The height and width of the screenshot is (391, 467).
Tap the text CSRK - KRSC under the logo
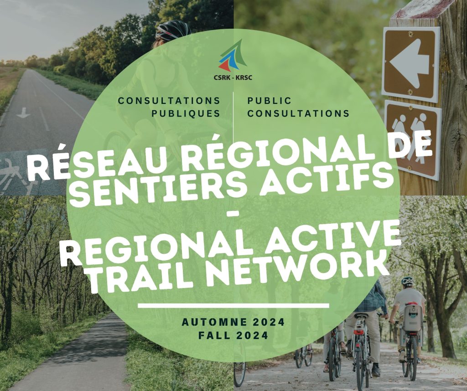point(233,78)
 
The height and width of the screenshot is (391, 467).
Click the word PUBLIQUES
point(186,113)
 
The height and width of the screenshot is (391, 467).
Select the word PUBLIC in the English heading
point(269,101)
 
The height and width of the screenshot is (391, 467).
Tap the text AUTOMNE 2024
point(233,322)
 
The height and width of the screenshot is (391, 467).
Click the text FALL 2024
point(233,335)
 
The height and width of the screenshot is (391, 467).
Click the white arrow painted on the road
point(23,113)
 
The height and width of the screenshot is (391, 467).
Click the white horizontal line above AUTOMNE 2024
point(233,306)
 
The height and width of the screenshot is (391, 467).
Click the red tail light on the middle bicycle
point(359,331)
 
